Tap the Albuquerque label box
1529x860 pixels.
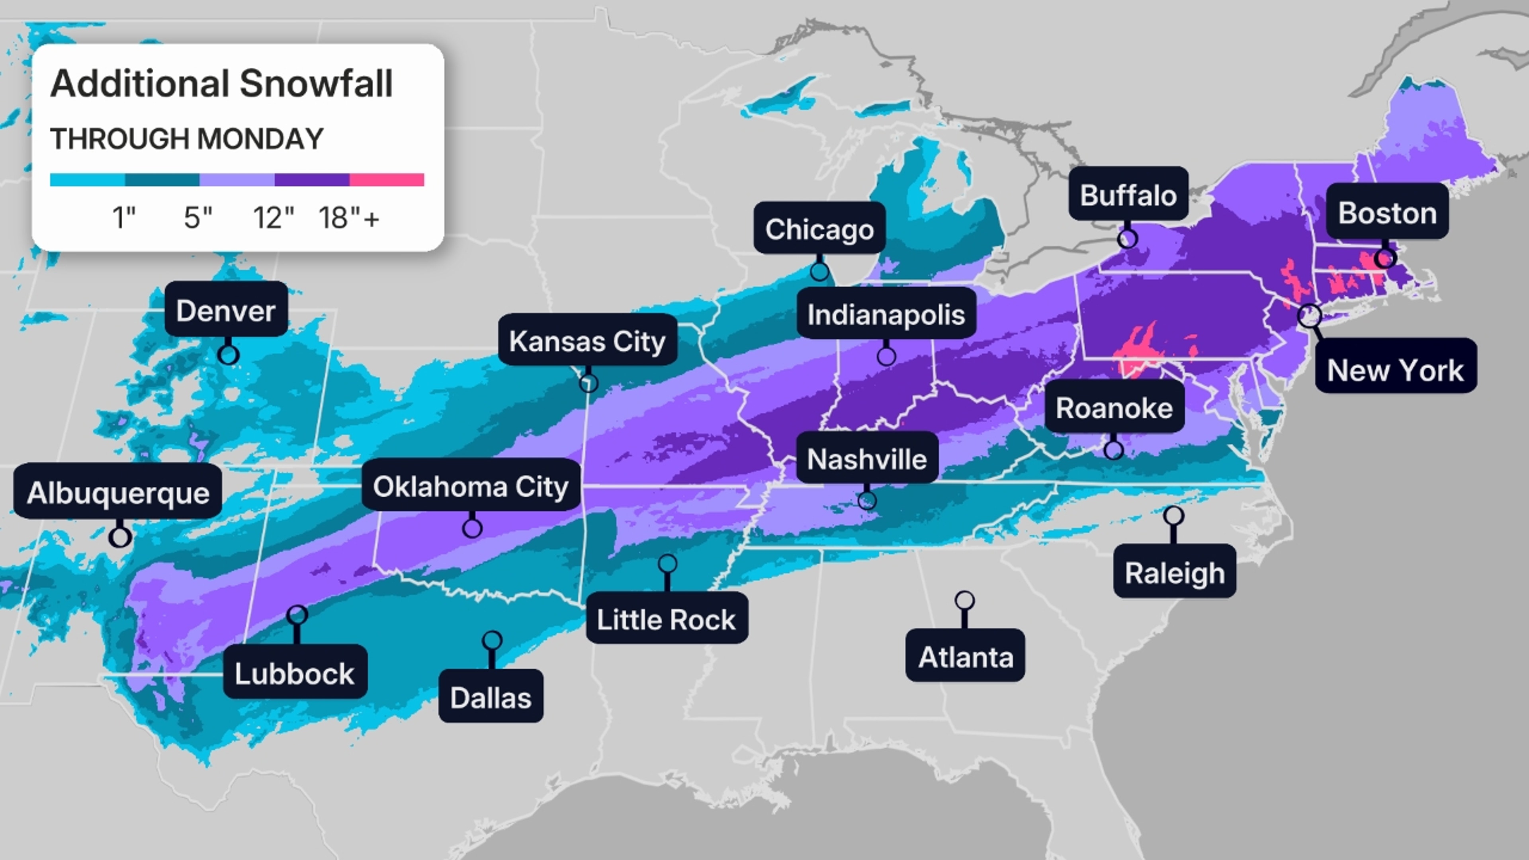tap(117, 493)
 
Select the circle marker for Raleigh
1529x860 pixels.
tap(1173, 516)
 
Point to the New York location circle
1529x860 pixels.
tap(1309, 316)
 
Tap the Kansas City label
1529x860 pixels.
tap(587, 341)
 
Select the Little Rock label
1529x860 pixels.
tap(666, 619)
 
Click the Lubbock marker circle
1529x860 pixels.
tap(297, 615)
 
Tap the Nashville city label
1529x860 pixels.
tap(866, 459)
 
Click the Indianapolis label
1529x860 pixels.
tap(886, 315)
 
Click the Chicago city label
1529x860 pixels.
tap(819, 229)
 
